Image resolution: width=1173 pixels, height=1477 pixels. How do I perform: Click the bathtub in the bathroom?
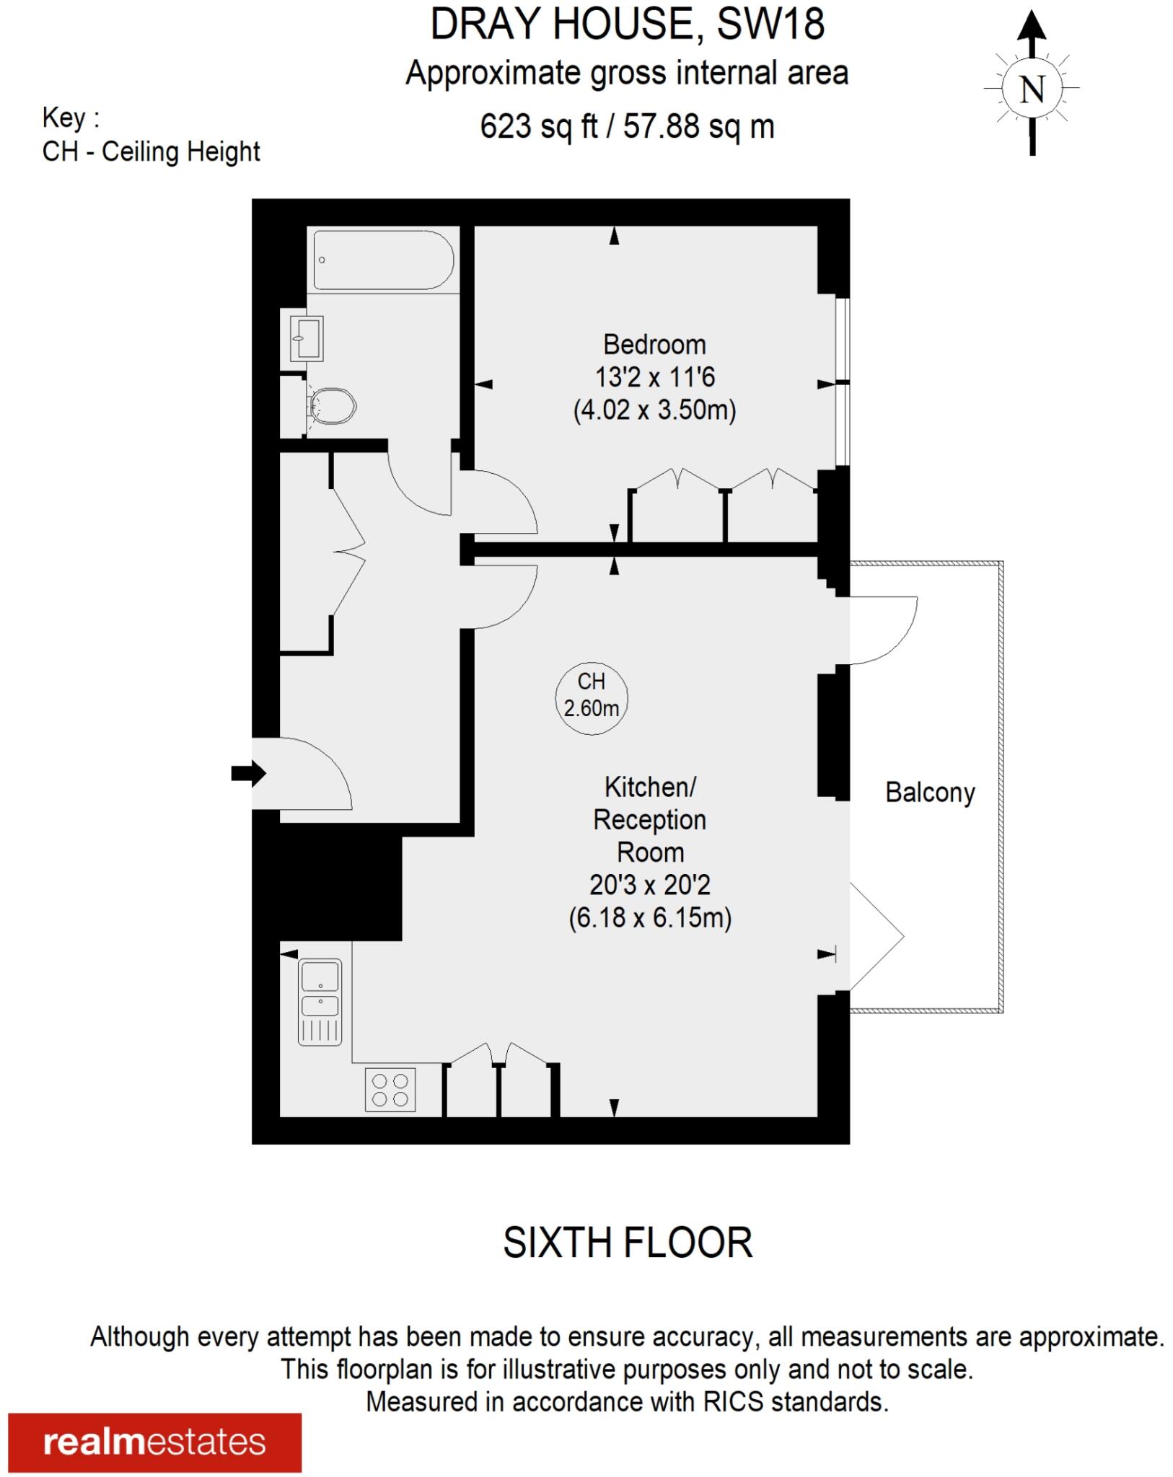pyautogui.click(x=383, y=260)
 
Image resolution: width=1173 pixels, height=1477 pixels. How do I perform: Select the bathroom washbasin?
pyautogui.click(x=307, y=338)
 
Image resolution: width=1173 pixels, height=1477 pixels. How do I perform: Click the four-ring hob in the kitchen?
pyautogui.click(x=390, y=1090)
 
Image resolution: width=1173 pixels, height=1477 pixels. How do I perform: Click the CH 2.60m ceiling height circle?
pyautogui.click(x=591, y=698)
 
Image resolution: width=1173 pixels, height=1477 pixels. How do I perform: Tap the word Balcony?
pyautogui.click(x=929, y=793)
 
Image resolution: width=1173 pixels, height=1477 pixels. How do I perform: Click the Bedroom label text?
pyautogui.click(x=654, y=345)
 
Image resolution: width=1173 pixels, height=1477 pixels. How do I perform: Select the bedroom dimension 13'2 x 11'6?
pyautogui.click(x=654, y=377)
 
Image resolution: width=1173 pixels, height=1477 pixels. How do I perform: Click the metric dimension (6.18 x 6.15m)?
pyautogui.click(x=650, y=918)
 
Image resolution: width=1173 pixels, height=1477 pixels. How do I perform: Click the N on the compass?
pyautogui.click(x=1032, y=89)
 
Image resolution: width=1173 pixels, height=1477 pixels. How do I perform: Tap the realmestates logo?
pyautogui.click(x=154, y=1442)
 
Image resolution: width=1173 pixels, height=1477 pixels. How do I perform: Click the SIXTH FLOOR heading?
pyautogui.click(x=627, y=1243)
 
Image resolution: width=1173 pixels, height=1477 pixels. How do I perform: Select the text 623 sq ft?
pyautogui.click(x=538, y=127)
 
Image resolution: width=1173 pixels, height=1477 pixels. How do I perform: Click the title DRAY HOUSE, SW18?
pyautogui.click(x=627, y=25)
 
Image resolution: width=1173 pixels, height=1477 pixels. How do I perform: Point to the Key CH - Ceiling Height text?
pyautogui.click(x=151, y=151)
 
